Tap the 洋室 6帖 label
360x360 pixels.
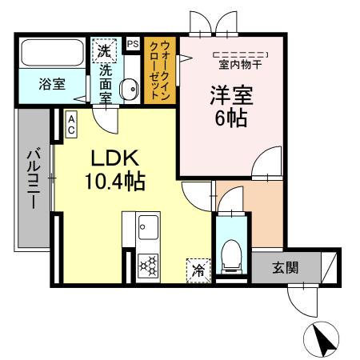(230, 108)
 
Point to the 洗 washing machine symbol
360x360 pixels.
(103, 50)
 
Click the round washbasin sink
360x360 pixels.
(127, 90)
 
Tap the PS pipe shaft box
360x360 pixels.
(132, 44)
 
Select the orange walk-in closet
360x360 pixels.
(160, 73)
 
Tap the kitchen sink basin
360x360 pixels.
(148, 226)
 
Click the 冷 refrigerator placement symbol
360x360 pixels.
(196, 270)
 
